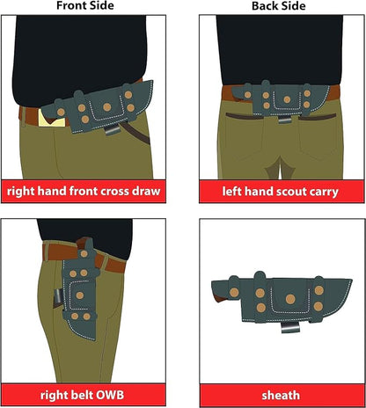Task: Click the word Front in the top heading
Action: coord(70,5)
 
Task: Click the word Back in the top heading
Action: coord(263,6)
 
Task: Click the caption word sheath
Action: coord(281,396)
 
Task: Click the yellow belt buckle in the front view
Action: coord(52,120)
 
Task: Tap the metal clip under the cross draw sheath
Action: coord(113,129)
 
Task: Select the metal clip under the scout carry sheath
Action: coord(284,120)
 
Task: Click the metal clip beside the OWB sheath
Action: coord(58,298)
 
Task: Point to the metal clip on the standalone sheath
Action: coord(290,327)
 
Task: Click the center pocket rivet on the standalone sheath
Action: coord(290,299)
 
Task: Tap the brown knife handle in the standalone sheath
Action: coord(223,298)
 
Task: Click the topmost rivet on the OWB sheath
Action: coord(84,254)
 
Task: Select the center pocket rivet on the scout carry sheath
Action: coord(287,99)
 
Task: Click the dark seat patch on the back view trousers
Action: coord(279,169)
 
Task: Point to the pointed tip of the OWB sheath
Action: coord(94,339)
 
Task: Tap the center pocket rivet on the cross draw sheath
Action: coord(107,107)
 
